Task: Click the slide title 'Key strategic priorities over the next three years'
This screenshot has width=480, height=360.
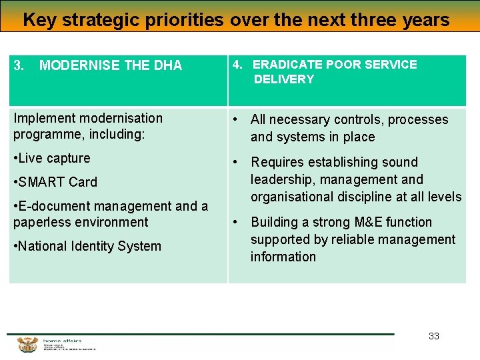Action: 236,19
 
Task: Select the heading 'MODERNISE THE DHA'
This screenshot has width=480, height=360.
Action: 111,65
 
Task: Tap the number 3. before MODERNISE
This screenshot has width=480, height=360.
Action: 19,65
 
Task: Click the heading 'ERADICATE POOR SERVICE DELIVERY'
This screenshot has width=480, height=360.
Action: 335,72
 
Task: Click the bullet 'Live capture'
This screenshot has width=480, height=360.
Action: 52,158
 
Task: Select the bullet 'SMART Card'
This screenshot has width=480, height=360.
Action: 55,182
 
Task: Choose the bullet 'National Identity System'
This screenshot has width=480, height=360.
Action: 87,246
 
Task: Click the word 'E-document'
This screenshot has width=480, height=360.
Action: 51,206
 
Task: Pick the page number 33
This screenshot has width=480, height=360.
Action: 434,336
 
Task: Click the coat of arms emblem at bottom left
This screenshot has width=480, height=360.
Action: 27,344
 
